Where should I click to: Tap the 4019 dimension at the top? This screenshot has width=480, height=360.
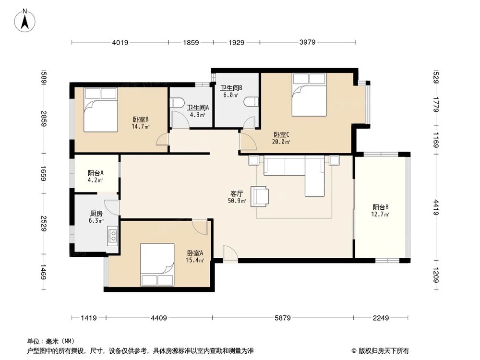(120, 43)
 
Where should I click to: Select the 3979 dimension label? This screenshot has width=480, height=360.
(307, 43)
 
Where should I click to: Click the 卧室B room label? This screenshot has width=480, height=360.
(140, 123)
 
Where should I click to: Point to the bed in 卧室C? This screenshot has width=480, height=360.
(309, 95)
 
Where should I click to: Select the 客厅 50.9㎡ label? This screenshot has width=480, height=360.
(237, 197)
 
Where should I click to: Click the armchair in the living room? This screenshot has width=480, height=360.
(261, 195)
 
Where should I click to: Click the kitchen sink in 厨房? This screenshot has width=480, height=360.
(113, 235)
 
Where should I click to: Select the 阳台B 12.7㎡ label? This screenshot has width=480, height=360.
(380, 211)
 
